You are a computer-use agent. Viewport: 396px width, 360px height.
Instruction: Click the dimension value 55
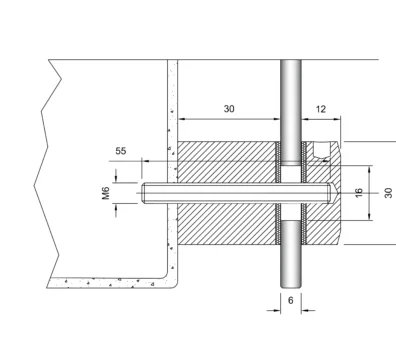[x=121, y=151]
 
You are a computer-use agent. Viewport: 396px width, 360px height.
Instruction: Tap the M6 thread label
[x=106, y=193]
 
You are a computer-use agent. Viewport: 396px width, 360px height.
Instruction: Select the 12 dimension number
[x=320, y=109]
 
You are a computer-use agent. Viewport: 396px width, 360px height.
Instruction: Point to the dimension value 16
[x=359, y=193]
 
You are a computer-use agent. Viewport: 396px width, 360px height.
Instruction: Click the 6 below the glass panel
[x=291, y=301]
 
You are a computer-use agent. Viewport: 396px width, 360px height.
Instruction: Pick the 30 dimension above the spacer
[x=229, y=109]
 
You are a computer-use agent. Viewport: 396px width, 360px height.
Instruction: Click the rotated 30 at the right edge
[x=388, y=193]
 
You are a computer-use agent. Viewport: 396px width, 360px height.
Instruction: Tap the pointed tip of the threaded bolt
[x=339, y=193]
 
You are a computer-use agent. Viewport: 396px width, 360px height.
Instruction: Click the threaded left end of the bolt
[x=143, y=193]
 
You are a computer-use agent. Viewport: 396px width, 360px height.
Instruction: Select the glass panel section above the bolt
[x=291, y=112]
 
